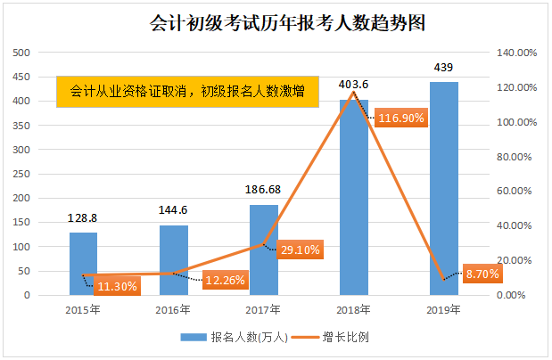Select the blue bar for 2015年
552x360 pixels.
pyautogui.click(x=84, y=264)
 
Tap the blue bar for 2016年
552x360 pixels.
pyautogui.click(x=174, y=260)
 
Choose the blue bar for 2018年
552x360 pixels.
pyautogui.click(x=354, y=197)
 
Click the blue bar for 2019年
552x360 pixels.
pyautogui.click(x=443, y=188)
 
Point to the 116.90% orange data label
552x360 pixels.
pyautogui.click(x=401, y=117)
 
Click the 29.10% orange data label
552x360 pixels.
pyautogui.click(x=299, y=251)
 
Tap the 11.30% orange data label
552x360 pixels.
pyautogui.click(x=116, y=286)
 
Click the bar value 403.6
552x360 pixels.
pyautogui.click(x=354, y=85)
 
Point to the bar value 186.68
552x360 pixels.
pyautogui.click(x=264, y=190)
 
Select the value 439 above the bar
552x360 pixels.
pyautogui.click(x=443, y=67)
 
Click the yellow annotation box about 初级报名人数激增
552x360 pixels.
pyautogui.click(x=187, y=91)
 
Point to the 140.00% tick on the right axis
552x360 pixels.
pyautogui.click(x=516, y=53)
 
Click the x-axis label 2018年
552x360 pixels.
pyautogui.click(x=354, y=310)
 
